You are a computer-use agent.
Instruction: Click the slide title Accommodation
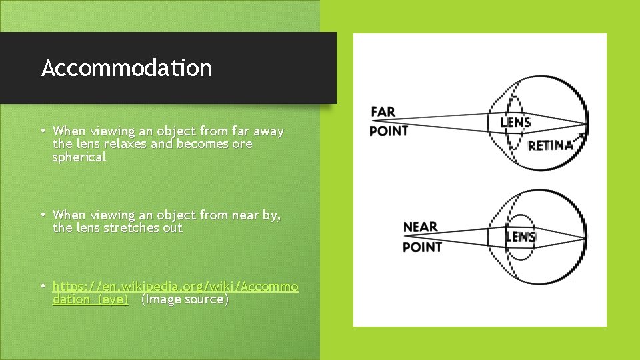click(x=127, y=68)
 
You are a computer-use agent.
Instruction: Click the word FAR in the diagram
click(x=383, y=111)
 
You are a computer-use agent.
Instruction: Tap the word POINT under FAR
click(x=389, y=131)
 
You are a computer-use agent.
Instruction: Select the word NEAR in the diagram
click(x=420, y=227)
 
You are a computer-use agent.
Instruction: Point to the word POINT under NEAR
click(x=422, y=247)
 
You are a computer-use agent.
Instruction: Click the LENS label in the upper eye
click(x=515, y=122)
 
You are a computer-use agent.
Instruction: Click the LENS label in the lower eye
click(x=521, y=236)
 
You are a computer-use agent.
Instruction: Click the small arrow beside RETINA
click(x=581, y=137)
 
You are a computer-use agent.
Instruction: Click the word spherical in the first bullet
click(x=79, y=157)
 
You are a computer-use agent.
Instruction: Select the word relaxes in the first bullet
click(x=126, y=144)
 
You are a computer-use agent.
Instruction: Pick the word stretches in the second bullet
click(x=128, y=228)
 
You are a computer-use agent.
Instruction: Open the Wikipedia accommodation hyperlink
click(x=175, y=287)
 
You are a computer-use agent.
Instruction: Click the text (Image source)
click(x=185, y=299)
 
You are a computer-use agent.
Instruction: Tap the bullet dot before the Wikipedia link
click(x=43, y=287)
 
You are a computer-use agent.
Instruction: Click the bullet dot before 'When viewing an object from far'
click(x=43, y=131)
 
